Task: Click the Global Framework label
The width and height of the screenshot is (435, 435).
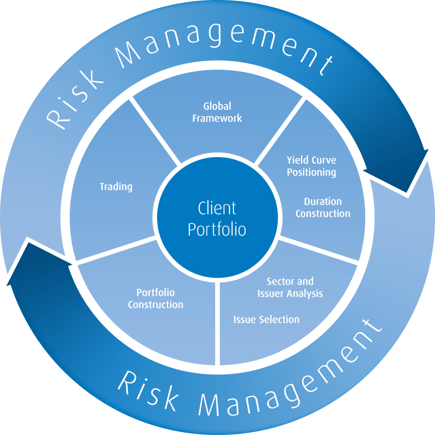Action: click(217, 112)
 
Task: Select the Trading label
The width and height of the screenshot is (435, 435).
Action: click(116, 187)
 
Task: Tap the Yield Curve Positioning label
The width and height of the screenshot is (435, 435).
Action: click(311, 166)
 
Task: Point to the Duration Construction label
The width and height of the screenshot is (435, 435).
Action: click(323, 208)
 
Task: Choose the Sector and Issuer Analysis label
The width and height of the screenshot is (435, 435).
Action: click(290, 288)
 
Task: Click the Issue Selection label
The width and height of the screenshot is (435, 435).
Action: click(266, 320)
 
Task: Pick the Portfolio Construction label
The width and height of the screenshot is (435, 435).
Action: click(156, 299)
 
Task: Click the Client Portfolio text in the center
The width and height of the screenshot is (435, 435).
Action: click(217, 219)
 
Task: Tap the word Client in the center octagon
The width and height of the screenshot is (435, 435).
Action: click(217, 208)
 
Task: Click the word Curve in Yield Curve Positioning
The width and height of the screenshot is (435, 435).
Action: click(323, 160)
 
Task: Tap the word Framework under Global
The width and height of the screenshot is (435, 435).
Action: click(217, 119)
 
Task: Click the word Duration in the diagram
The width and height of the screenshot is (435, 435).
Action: click(323, 202)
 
